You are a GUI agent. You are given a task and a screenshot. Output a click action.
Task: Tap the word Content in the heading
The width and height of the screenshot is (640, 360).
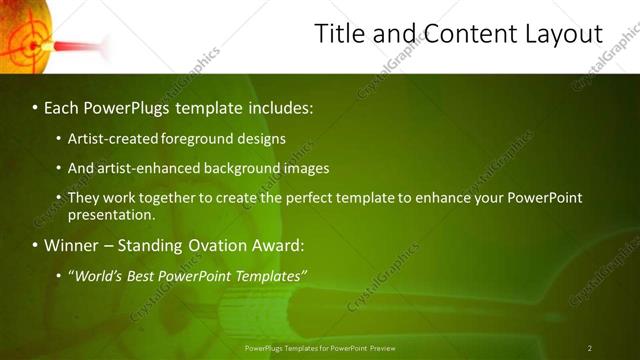pos(462,35)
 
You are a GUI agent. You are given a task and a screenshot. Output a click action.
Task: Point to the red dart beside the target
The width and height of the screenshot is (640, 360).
pos(80,46)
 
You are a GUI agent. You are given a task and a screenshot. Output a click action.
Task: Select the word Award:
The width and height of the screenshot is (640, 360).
pos(283,245)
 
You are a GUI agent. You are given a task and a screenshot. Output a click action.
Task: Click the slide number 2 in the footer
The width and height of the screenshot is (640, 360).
pos(590,348)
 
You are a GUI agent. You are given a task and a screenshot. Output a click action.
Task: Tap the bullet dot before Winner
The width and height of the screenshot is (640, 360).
pos(35,245)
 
